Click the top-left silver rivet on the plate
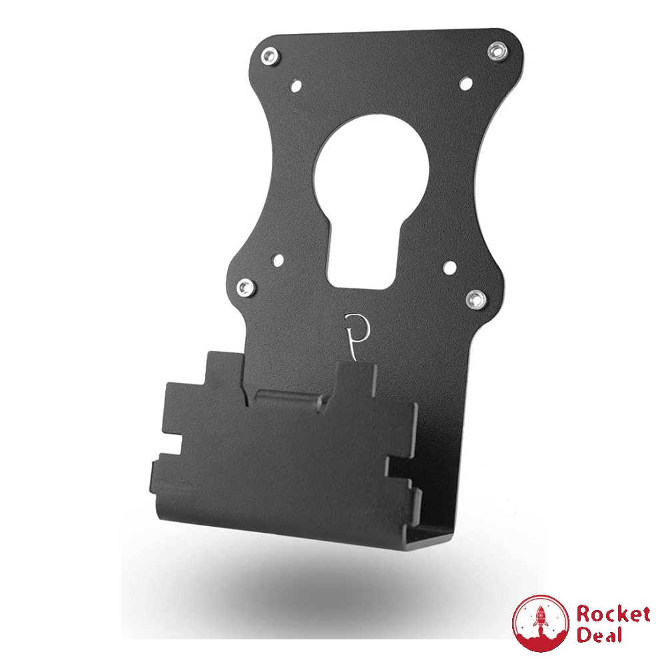click(x=268, y=55)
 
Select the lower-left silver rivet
click(x=247, y=287)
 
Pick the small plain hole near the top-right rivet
click(x=466, y=83)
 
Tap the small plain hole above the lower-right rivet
click(x=450, y=266)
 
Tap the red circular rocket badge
click(x=540, y=623)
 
